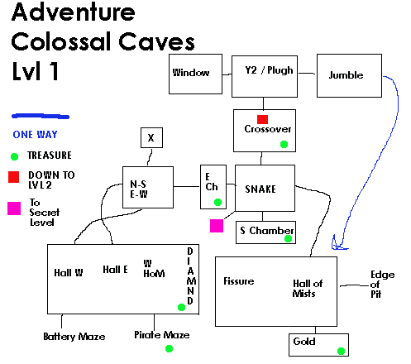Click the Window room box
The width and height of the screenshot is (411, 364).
195,74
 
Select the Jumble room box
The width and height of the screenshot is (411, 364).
349,75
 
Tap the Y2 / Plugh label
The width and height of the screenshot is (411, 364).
269,70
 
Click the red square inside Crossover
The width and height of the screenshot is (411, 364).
262,119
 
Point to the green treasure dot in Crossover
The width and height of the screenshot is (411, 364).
284,144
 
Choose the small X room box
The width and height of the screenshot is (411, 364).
151,137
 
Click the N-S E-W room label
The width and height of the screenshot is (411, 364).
139,189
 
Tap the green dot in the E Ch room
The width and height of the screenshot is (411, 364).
217,202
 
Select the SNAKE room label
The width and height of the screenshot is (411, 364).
260,189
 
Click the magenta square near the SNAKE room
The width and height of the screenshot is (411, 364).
217,226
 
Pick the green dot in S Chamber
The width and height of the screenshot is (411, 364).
288,238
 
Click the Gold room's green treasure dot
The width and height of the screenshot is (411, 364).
341,351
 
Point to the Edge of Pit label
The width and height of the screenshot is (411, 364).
382,285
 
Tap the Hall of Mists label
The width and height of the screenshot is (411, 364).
308,289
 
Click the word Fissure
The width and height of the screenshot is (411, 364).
239,281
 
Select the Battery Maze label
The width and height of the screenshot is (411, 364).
74,337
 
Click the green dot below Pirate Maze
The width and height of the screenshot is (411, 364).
169,348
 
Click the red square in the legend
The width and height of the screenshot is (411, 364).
13,177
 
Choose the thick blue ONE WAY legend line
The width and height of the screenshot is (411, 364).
41,117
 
